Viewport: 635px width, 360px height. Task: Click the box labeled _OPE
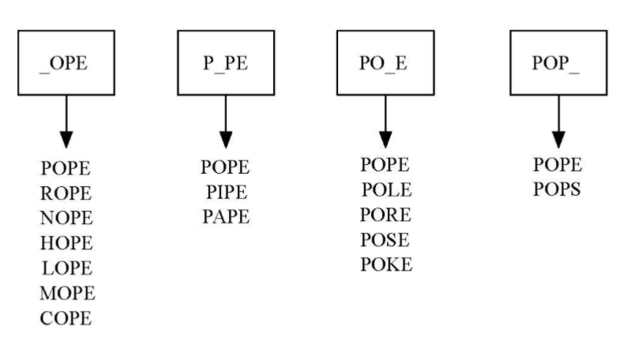(x=66, y=62)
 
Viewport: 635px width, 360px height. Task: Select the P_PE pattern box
(x=225, y=62)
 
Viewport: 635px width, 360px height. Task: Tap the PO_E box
(x=385, y=62)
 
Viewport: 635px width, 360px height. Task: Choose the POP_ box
(x=558, y=62)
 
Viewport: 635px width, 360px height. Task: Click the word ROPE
(x=66, y=193)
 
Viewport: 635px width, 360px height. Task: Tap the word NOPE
(x=66, y=218)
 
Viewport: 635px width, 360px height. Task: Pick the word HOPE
(x=66, y=243)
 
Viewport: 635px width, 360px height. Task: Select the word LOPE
(x=66, y=268)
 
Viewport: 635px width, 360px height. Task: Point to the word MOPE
(x=67, y=294)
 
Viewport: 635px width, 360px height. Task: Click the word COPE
(x=66, y=319)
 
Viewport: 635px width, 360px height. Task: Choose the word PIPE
(x=225, y=192)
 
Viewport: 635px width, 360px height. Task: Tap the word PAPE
(x=225, y=216)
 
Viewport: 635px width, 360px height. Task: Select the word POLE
(x=386, y=190)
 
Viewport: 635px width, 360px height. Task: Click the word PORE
(x=386, y=215)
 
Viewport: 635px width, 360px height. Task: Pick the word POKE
(x=386, y=264)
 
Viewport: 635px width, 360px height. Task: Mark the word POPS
(x=558, y=190)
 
